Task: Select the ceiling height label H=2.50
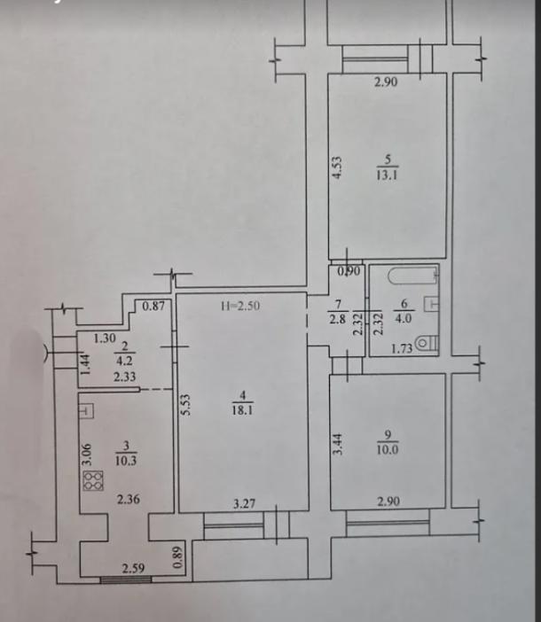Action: point(241,307)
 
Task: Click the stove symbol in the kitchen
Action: point(92,481)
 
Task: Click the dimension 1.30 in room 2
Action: point(105,338)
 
